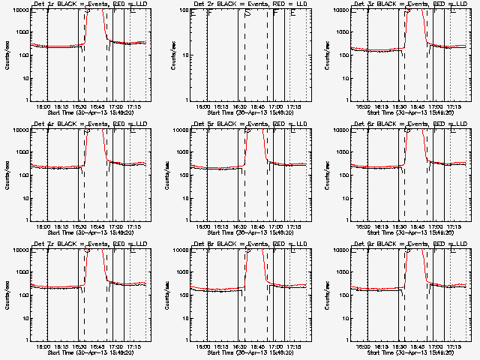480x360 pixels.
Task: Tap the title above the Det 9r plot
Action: [x=410, y=244]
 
